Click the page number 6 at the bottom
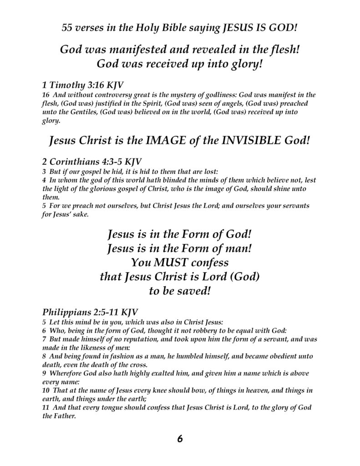[180, 439]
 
